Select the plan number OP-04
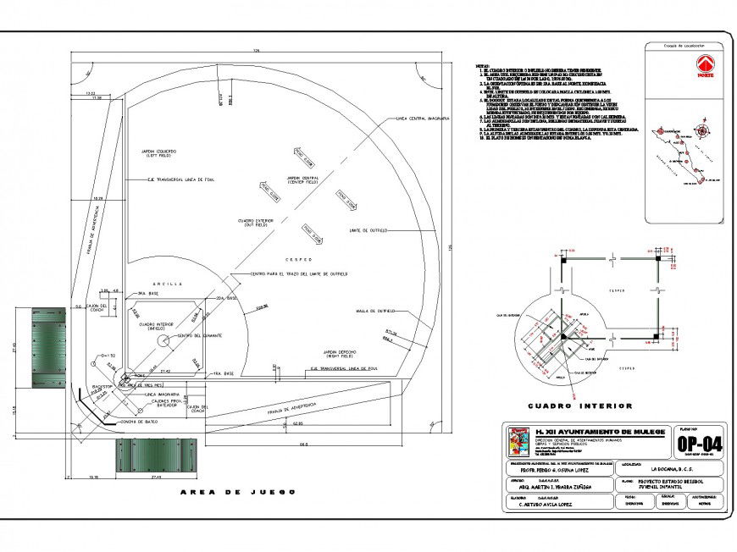699,446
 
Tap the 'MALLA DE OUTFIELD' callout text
375,312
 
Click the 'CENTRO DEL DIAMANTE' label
201,337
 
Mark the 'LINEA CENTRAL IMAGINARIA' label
421,119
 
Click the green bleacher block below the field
150,457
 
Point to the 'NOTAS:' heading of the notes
482,64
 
